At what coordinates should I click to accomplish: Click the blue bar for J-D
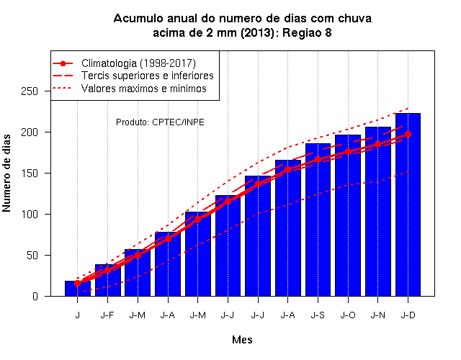408,204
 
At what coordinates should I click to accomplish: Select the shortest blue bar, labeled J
78,289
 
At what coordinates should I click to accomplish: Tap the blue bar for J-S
318,220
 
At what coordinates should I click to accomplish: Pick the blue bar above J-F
108,280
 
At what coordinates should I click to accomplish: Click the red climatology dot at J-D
408,135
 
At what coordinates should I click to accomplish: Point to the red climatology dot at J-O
348,152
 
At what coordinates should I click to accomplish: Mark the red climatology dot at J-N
377,145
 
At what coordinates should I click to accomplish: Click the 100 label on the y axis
30,215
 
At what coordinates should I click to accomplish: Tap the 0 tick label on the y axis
35,296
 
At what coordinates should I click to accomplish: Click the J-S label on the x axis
318,315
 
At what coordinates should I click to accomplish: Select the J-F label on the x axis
107,315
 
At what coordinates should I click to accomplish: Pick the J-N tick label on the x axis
377,315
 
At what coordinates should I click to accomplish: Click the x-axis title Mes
242,340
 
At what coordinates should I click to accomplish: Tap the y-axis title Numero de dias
6,173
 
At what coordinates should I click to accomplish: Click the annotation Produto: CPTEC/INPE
160,122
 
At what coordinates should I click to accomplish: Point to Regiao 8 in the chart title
307,33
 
